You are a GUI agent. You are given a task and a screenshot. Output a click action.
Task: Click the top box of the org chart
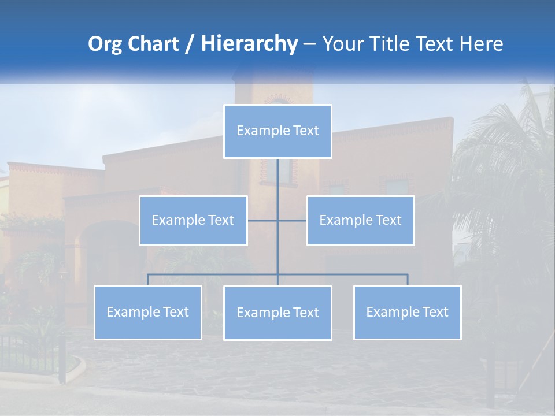[x=277, y=131]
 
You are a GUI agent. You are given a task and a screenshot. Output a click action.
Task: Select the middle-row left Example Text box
[x=193, y=221]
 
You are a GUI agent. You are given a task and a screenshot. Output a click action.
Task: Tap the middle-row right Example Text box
[x=360, y=221]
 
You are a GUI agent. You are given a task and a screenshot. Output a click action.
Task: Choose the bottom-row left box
[x=148, y=313]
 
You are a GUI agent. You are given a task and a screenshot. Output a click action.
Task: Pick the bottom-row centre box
[x=277, y=313]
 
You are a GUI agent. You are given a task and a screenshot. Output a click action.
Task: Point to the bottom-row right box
[x=407, y=313]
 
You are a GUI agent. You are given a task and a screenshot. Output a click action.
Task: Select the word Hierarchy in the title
[x=249, y=44]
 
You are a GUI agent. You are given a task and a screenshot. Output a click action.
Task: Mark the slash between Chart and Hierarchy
[x=190, y=44]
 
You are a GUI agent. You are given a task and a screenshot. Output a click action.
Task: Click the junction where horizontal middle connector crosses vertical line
[x=277, y=221]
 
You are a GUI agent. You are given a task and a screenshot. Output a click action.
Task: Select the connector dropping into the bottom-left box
[x=148, y=280]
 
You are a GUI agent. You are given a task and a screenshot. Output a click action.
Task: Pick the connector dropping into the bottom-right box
[x=407, y=280]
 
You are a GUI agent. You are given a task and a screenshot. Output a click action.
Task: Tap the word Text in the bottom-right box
[x=435, y=313]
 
